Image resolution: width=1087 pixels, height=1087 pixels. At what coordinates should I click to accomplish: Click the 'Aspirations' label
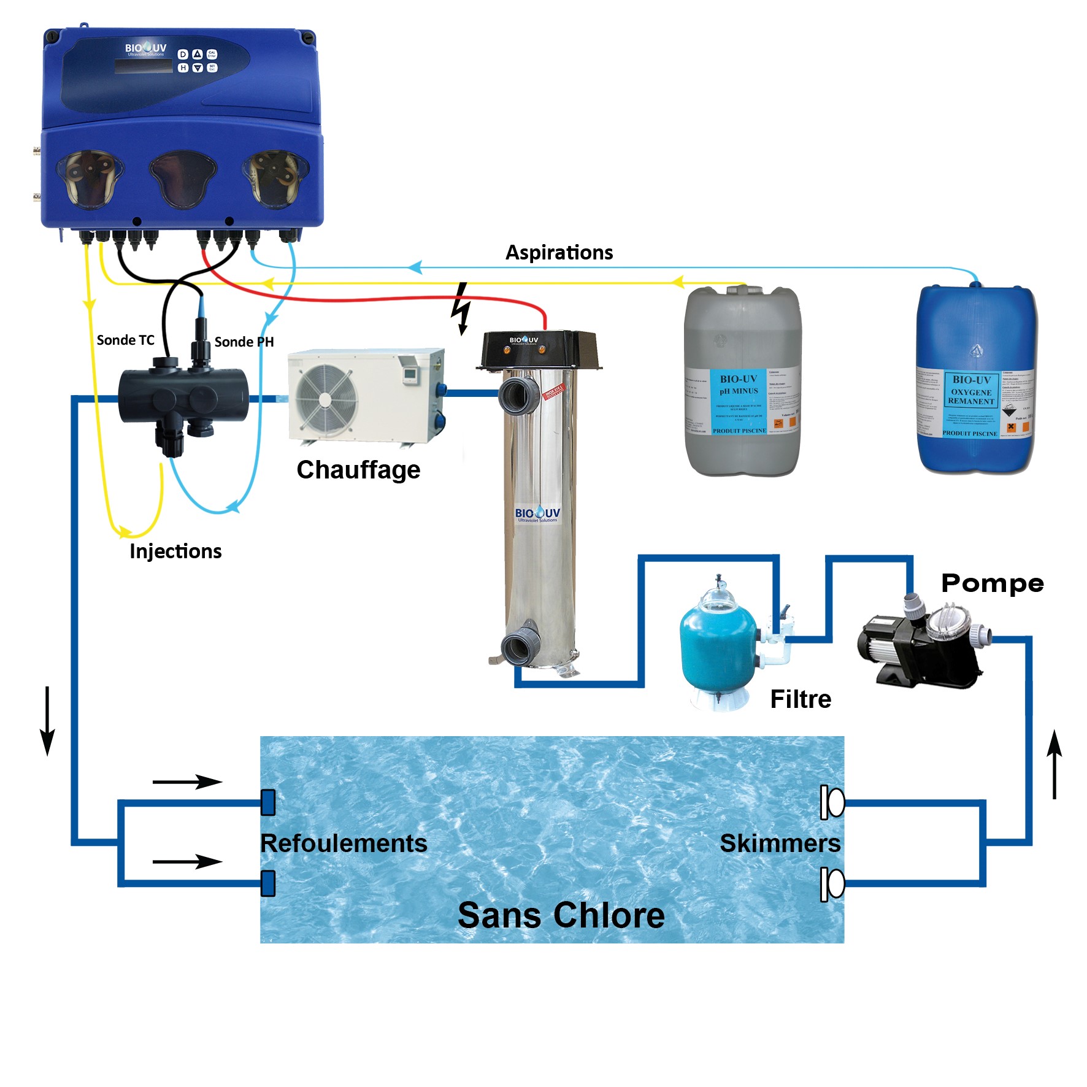pos(559,252)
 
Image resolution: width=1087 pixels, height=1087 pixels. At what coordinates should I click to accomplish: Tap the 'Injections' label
pos(175,551)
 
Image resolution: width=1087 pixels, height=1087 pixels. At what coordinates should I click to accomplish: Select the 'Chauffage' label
pos(358,470)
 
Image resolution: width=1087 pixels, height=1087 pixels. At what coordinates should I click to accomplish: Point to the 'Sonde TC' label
pos(125,340)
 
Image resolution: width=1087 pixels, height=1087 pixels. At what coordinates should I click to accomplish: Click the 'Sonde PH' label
pos(244,342)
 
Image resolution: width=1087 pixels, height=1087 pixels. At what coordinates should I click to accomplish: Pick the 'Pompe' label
pos(992,583)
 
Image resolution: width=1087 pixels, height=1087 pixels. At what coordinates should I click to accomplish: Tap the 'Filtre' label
pos(801,699)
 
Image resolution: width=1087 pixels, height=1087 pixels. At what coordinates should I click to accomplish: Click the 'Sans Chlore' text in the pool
pos(561,915)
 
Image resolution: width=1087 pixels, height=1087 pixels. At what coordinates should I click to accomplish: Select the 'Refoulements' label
pos(344,843)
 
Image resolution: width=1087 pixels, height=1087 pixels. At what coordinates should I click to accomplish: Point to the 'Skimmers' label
pos(780,843)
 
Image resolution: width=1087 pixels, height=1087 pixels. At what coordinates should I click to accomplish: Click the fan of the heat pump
pos(326,398)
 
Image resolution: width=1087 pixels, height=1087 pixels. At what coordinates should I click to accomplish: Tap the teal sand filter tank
pos(718,650)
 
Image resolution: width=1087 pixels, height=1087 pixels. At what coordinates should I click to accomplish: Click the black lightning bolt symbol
pos(461,309)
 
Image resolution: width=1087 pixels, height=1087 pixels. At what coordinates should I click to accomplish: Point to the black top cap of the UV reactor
pos(538,349)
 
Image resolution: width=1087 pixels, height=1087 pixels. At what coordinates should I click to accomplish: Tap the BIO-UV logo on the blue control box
pos(145,48)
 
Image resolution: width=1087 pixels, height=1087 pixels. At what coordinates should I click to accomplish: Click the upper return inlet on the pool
pos(268,802)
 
